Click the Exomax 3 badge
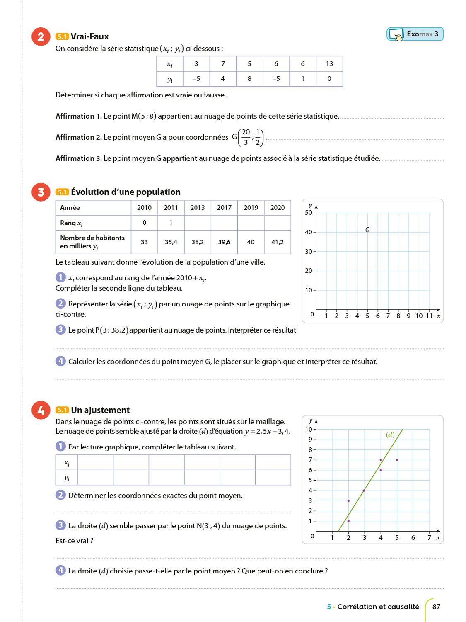(415, 34)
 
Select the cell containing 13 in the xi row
(329, 64)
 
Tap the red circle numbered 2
(41, 37)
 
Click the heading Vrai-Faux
(89, 36)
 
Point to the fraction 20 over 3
(246, 137)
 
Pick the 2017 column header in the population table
(224, 208)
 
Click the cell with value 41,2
(278, 242)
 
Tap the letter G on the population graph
(367, 230)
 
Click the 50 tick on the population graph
(309, 213)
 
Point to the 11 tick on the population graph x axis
(429, 316)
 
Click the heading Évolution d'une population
(126, 192)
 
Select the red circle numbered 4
(41, 410)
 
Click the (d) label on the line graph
(390, 435)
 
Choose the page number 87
(436, 607)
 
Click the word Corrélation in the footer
(354, 607)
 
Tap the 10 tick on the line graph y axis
(309, 429)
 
